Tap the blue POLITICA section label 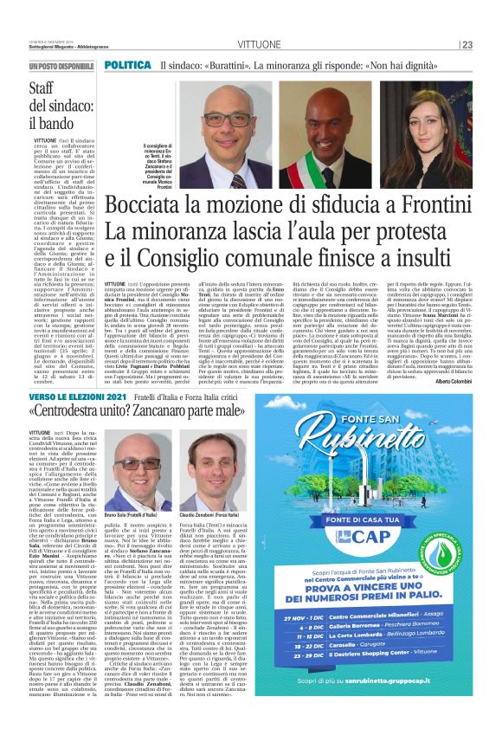point(127,66)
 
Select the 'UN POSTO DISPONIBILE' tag point(61,66)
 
